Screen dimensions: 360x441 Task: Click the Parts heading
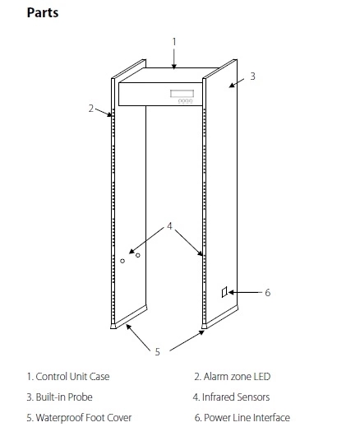coord(43,12)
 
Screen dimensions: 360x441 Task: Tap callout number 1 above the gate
coord(174,42)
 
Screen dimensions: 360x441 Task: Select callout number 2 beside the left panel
coord(90,109)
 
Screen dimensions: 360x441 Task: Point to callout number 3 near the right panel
coord(252,77)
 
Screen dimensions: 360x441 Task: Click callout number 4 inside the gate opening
coord(169,225)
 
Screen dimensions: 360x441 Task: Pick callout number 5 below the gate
coord(157,352)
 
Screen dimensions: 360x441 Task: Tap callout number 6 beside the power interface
coord(268,293)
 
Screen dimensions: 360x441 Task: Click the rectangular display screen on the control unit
coord(182,93)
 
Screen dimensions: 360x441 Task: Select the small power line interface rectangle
coord(224,292)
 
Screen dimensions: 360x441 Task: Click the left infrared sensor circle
coord(122,261)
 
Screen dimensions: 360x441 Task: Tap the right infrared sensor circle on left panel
coord(138,255)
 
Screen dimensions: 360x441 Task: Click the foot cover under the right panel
coord(219,317)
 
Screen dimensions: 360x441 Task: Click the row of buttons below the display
coord(185,101)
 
